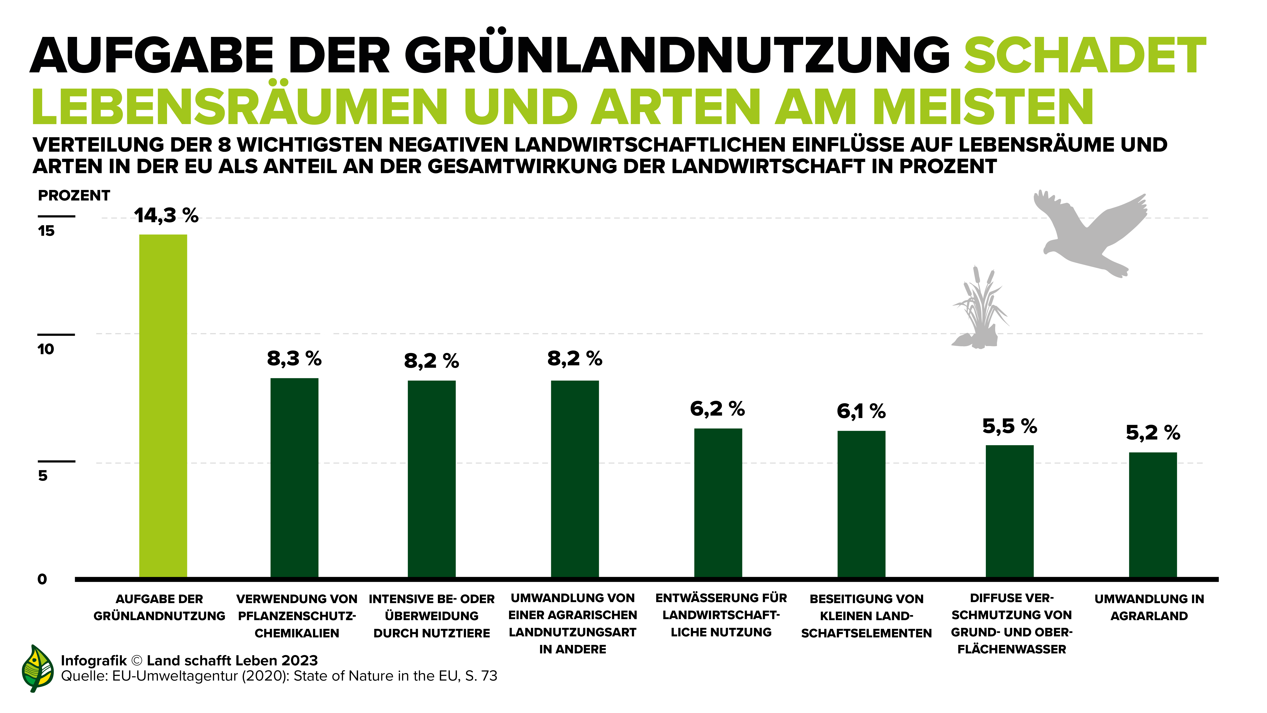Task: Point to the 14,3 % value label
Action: click(166, 215)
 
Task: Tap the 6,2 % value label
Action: click(717, 409)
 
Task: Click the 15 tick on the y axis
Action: click(46, 231)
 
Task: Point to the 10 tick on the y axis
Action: click(46, 349)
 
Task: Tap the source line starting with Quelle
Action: click(279, 676)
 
